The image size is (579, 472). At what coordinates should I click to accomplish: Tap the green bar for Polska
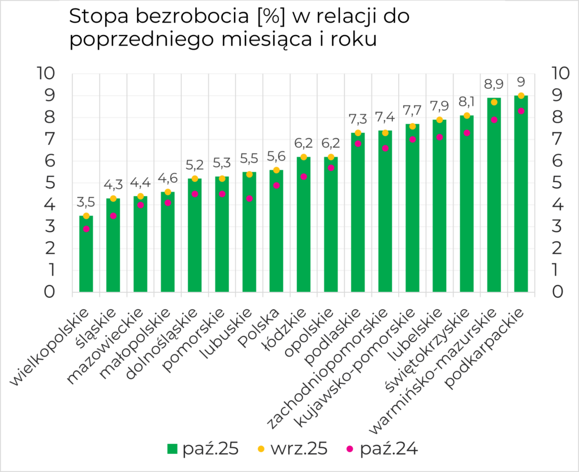tap(276, 237)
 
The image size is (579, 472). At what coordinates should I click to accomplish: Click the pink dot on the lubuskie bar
tap(249, 198)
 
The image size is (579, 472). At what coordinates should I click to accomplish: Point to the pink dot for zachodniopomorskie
tap(385, 148)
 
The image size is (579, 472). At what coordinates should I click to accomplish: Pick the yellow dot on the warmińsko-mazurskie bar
tap(494, 102)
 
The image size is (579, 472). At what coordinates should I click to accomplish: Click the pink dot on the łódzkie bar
tap(304, 177)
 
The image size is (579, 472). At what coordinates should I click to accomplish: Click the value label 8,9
tap(494, 84)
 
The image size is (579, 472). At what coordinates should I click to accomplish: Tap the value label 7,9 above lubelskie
tap(439, 106)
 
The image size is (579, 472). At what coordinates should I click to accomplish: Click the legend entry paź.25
tap(203, 449)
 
